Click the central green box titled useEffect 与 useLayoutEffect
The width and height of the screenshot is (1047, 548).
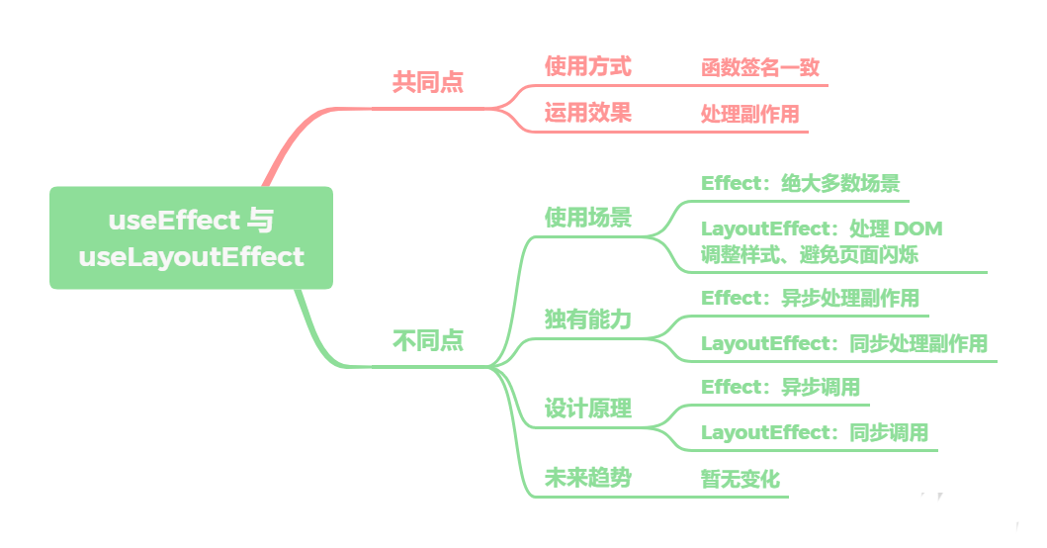point(191,238)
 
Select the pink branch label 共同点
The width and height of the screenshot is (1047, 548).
point(427,82)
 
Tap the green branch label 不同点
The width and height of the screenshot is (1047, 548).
point(427,342)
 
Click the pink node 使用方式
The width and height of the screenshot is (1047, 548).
point(587,67)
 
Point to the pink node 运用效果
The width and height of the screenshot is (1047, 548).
point(587,113)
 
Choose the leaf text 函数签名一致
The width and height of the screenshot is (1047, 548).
point(759,68)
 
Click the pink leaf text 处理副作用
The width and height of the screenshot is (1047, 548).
point(749,114)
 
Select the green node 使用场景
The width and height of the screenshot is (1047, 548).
point(587,218)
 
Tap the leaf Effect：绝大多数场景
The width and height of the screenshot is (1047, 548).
point(800,183)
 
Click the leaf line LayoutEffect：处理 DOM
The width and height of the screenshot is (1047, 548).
point(821,228)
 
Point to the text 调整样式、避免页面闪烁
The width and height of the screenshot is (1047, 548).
point(809,255)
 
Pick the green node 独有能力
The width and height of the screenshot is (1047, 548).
point(587,320)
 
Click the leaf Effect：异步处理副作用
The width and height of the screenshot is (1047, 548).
point(810,298)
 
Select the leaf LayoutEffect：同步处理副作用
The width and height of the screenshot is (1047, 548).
point(843,343)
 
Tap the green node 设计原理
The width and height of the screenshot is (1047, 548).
point(587,410)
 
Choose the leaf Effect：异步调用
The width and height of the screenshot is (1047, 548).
point(780,387)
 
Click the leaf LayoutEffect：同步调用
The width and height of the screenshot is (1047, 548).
point(814,432)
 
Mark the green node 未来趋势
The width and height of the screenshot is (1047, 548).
point(587,479)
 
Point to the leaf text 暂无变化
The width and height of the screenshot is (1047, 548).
point(740,480)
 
